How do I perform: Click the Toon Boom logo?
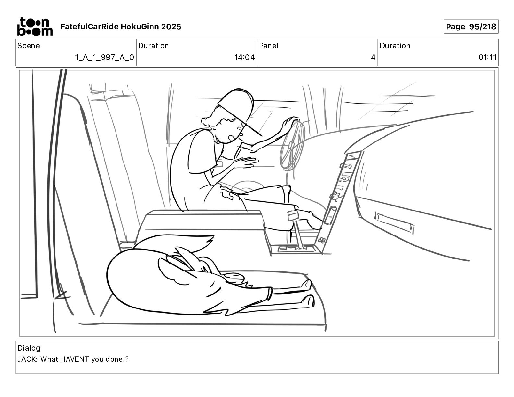coord(35,27)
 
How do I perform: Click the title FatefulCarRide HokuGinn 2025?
coord(121,27)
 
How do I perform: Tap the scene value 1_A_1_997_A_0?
coord(104,58)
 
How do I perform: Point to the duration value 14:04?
coord(244,58)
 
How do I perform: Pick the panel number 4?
coord(373,58)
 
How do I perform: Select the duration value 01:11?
coord(487,58)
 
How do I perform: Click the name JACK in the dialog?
coord(28,359)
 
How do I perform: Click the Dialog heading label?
coord(29,348)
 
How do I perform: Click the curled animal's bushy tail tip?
coord(208,241)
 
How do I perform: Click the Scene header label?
coord(29,46)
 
